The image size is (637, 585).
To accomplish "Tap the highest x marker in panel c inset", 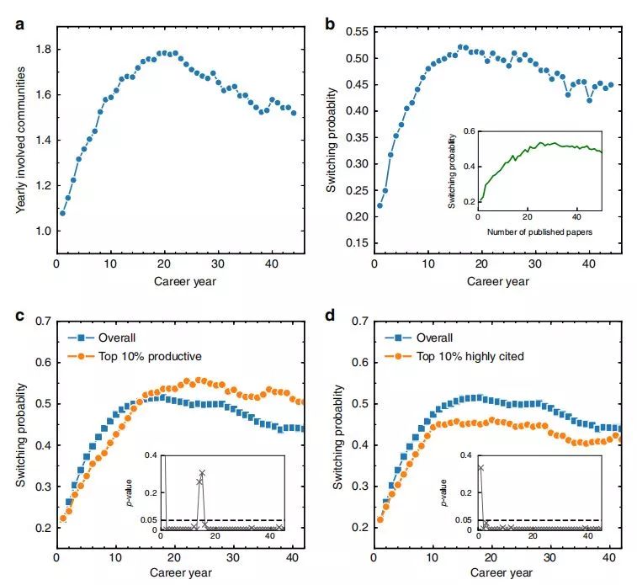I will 202,473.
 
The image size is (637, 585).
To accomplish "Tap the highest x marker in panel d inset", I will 480,467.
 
